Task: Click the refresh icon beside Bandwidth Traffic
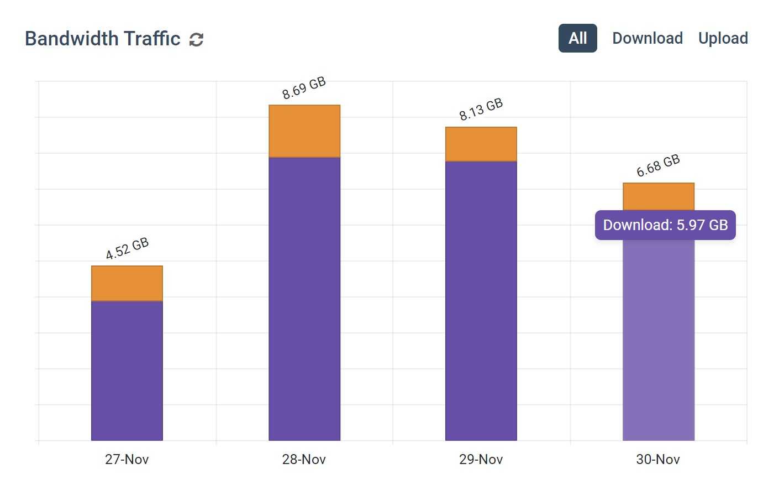196,39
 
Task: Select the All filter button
577,38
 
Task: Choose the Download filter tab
647,38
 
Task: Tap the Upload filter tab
723,38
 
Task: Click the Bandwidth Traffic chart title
103,39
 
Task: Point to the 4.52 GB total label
127,248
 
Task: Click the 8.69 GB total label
304,88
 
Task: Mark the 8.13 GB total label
481,109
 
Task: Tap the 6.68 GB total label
657,166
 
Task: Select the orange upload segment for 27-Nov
127,283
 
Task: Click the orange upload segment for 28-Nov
304,131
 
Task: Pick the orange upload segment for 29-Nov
481,144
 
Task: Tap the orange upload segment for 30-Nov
659,196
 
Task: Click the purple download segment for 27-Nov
127,371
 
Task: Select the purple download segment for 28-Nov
304,299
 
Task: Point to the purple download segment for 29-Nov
481,301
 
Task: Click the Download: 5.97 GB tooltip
665,225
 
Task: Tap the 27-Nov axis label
127,459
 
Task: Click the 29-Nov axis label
481,459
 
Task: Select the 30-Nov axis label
657,459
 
